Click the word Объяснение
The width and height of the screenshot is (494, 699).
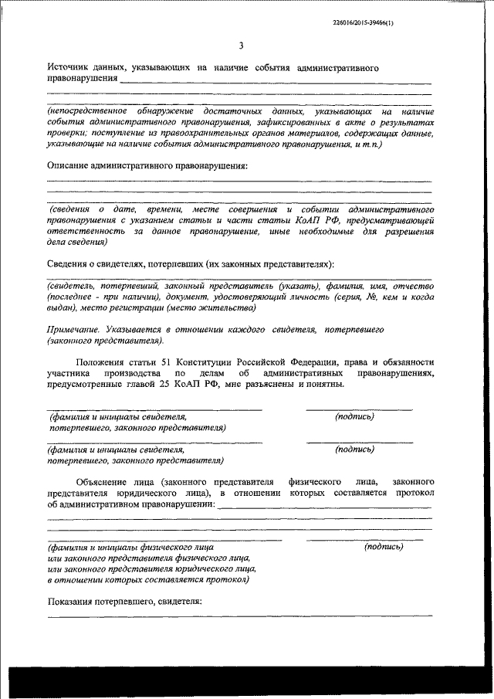(x=106, y=481)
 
